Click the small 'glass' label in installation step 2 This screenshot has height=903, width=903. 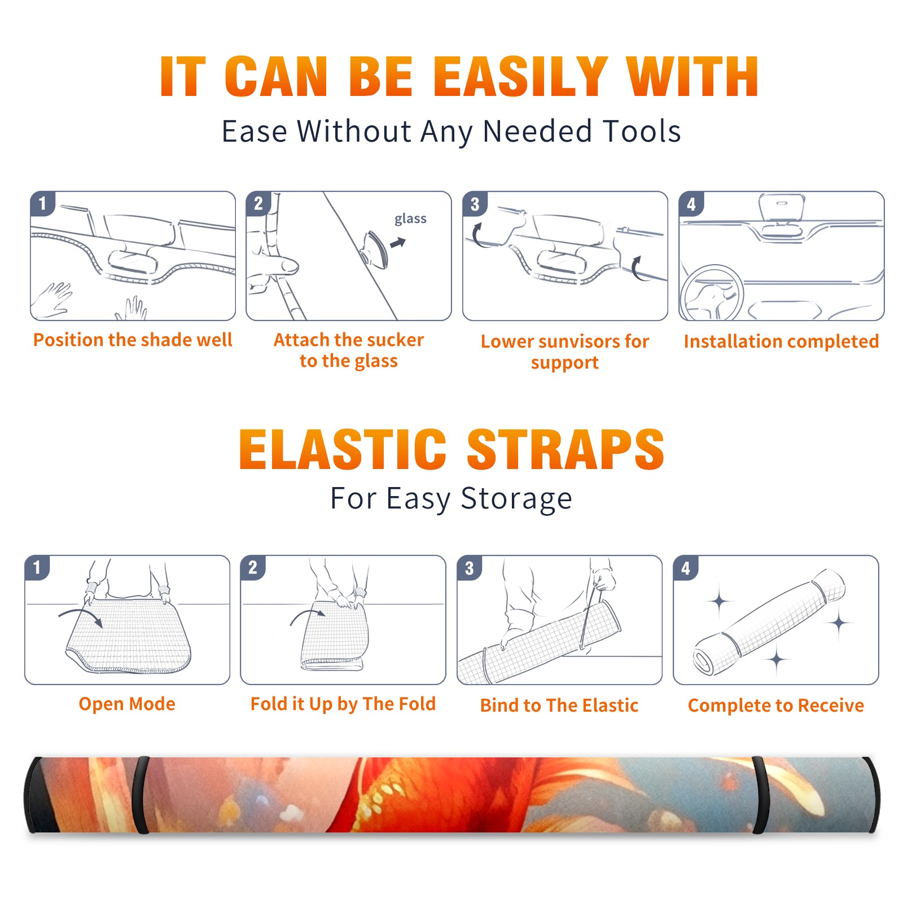[410, 219]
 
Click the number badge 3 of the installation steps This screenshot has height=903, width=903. [475, 204]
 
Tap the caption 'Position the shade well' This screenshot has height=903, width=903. [133, 340]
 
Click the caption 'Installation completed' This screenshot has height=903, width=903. [781, 341]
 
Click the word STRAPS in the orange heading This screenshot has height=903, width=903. [566, 449]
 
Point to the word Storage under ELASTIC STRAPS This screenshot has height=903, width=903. [516, 499]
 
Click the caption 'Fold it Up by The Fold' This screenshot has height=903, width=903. [343, 704]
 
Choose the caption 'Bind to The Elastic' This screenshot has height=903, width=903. [559, 705]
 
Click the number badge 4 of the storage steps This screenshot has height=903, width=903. [686, 568]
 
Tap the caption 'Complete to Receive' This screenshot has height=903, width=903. [776, 705]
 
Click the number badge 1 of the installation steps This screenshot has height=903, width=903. [42, 203]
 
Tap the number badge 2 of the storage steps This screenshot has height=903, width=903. [253, 567]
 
